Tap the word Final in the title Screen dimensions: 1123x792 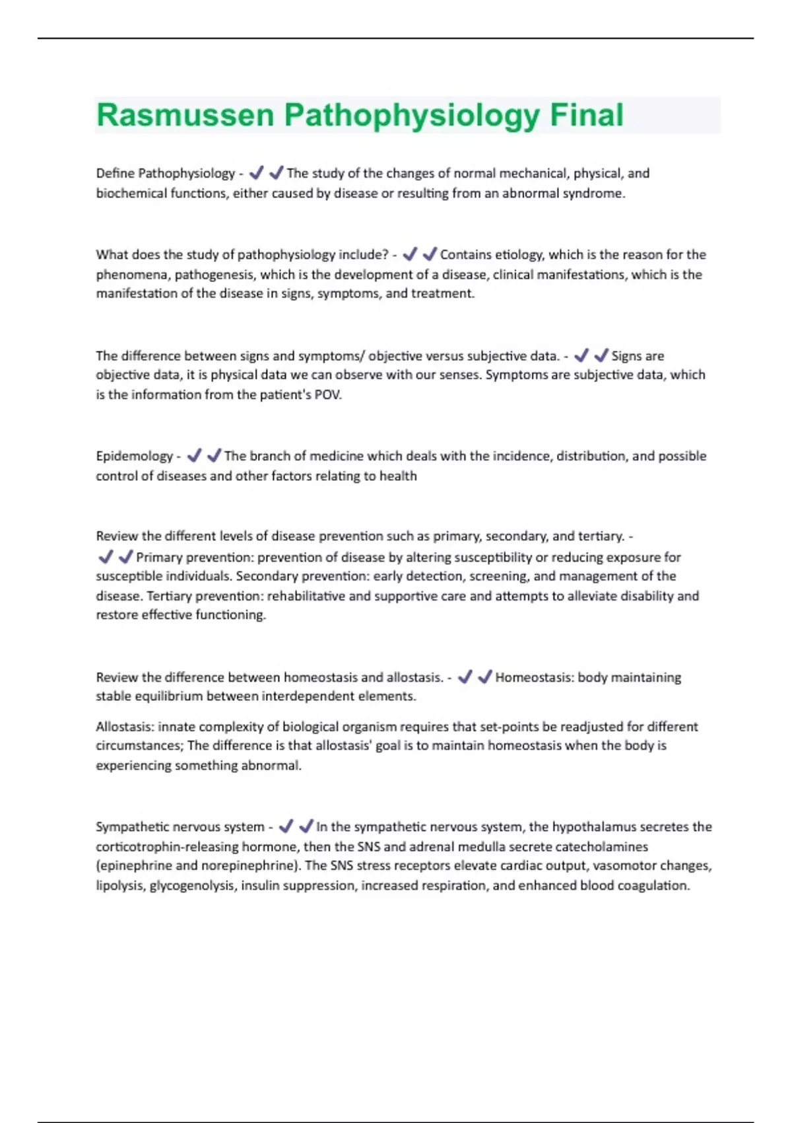[586, 115]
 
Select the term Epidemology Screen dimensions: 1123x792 [134, 456]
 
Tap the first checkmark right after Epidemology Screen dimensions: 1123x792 [194, 456]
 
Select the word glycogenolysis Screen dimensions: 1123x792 [191, 886]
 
